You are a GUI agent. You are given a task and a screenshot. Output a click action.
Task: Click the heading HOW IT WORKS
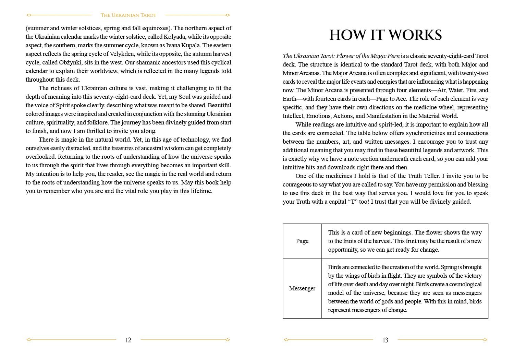385,35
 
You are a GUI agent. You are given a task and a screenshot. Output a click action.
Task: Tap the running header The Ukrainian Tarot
128,15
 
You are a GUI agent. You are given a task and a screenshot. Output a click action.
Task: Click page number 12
128,340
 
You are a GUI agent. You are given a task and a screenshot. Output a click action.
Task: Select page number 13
385,340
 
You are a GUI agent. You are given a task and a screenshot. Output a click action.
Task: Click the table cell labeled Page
302,241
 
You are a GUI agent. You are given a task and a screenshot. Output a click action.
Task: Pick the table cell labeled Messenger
302,288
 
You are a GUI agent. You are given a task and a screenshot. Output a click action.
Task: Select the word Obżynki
70,62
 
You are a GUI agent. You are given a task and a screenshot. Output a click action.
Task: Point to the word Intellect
293,116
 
